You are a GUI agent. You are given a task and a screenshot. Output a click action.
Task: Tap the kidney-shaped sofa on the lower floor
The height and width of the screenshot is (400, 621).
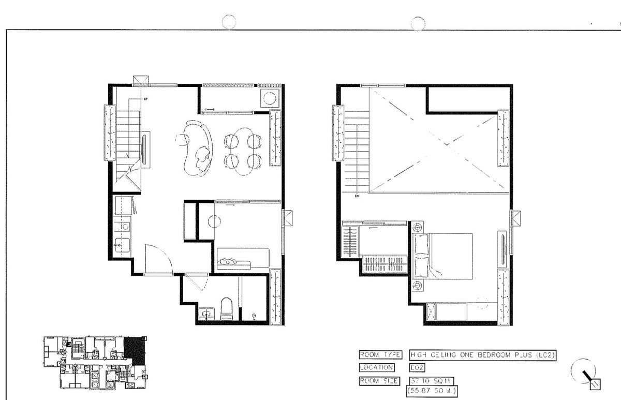point(198,147)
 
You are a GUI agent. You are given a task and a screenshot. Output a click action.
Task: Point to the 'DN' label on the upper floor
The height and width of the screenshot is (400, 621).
point(357,197)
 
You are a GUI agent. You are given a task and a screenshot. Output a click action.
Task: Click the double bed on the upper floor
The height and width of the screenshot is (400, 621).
point(443,256)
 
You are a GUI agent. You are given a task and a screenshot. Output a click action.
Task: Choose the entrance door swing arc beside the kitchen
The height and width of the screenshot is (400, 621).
point(158,258)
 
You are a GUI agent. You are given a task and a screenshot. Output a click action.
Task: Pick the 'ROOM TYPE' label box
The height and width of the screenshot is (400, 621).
point(380,354)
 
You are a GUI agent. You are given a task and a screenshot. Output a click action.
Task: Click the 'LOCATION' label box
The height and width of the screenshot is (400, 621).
point(376,367)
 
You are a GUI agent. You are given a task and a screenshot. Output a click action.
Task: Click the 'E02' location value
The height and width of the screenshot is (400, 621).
point(417,367)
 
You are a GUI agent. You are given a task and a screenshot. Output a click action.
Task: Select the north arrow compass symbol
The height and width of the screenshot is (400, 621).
point(586,374)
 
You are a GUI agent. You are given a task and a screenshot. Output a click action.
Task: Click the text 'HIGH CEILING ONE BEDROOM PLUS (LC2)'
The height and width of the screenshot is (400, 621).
point(482,354)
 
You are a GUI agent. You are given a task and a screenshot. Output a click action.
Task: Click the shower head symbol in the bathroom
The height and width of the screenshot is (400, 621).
point(253,316)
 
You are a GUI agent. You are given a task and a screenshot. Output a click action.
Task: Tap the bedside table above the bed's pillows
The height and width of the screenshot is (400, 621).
point(417,227)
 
